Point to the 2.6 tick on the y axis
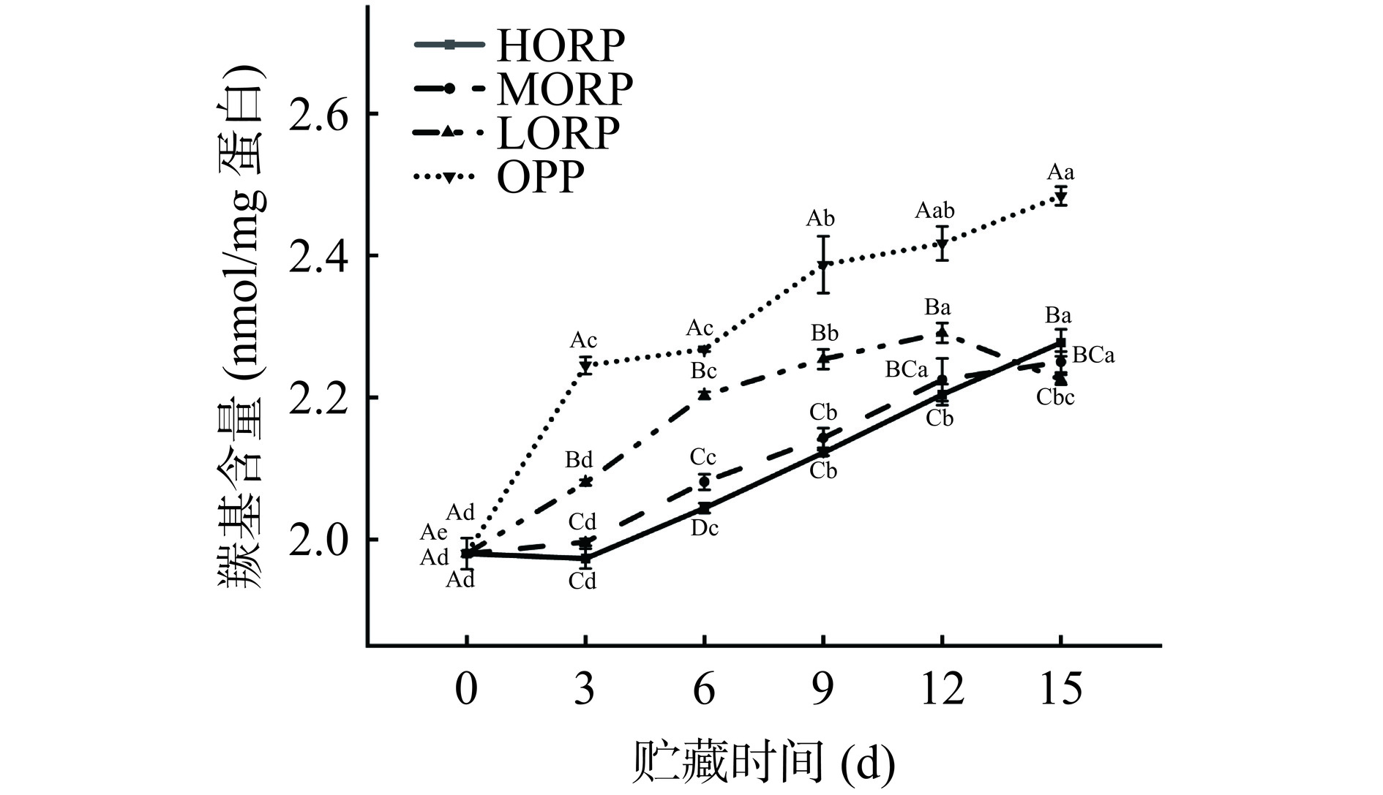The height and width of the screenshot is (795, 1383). coord(319,115)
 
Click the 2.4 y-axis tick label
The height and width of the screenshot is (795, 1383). coord(319,257)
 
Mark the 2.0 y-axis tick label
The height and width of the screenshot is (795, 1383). coord(319,540)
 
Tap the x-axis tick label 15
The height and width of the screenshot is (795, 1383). coord(1060,689)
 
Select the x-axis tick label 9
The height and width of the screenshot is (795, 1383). coord(823,689)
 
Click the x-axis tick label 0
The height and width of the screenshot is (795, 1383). coord(466,689)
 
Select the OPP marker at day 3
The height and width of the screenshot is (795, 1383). coord(585,366)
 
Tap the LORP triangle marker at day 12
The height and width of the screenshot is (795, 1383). coord(942,334)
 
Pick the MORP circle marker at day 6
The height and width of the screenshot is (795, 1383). coord(704,481)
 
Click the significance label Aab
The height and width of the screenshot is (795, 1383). coord(934,211)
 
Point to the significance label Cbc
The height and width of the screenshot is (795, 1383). coord(1055,398)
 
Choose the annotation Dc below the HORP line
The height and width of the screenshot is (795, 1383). coord(705,528)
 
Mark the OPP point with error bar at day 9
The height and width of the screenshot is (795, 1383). coord(823,265)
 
